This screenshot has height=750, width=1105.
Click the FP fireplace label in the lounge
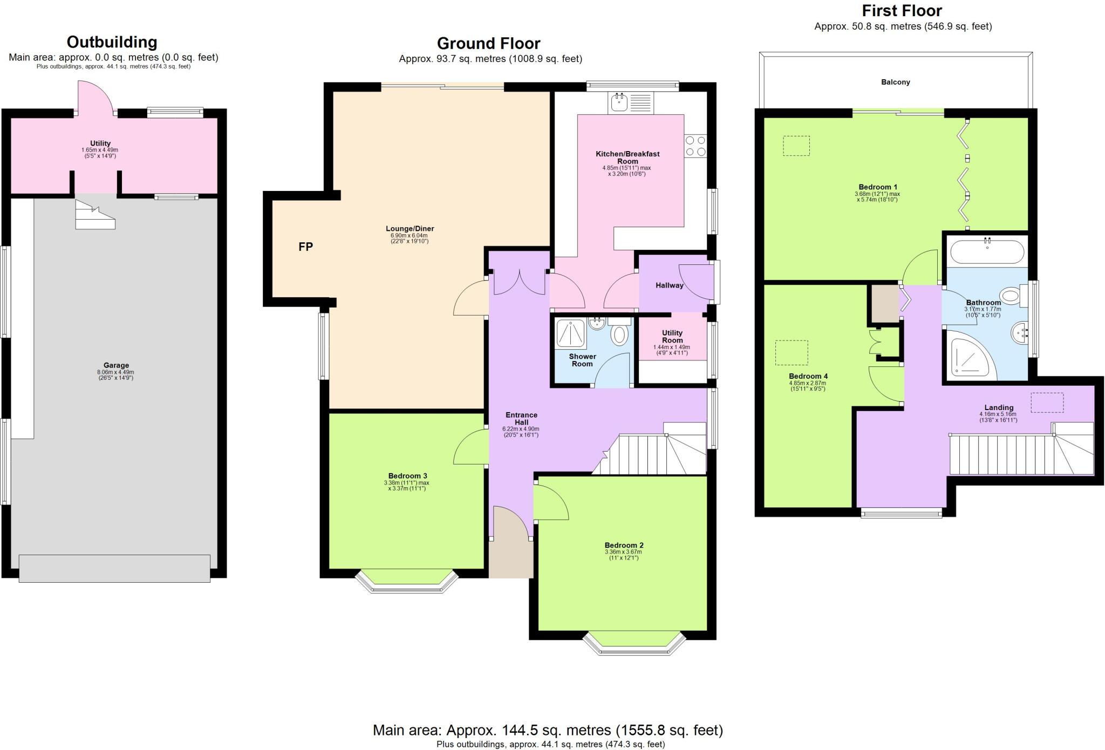tap(305, 247)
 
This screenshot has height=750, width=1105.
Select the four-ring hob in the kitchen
tap(695, 146)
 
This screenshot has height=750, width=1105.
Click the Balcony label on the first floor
tap(895, 82)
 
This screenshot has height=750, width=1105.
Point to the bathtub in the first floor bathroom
tap(986, 251)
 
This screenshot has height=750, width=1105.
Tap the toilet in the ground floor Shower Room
tap(619, 333)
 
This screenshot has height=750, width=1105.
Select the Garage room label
tap(116, 365)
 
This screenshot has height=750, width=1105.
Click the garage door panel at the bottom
tap(114, 568)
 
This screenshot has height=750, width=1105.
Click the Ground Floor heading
tap(488, 43)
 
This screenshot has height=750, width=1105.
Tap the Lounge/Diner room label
tap(410, 228)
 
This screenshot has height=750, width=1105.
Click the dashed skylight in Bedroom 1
tap(796, 146)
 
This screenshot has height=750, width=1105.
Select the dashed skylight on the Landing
tap(1047, 403)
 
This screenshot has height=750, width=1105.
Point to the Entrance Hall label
tap(521, 419)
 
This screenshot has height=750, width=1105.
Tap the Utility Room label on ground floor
tap(672, 336)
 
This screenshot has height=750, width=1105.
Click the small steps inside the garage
tap(94, 215)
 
